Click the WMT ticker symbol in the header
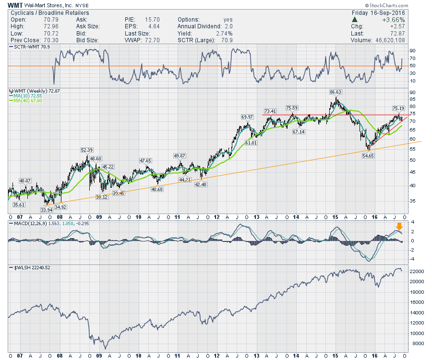[15, 5]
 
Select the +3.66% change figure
[415, 20]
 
